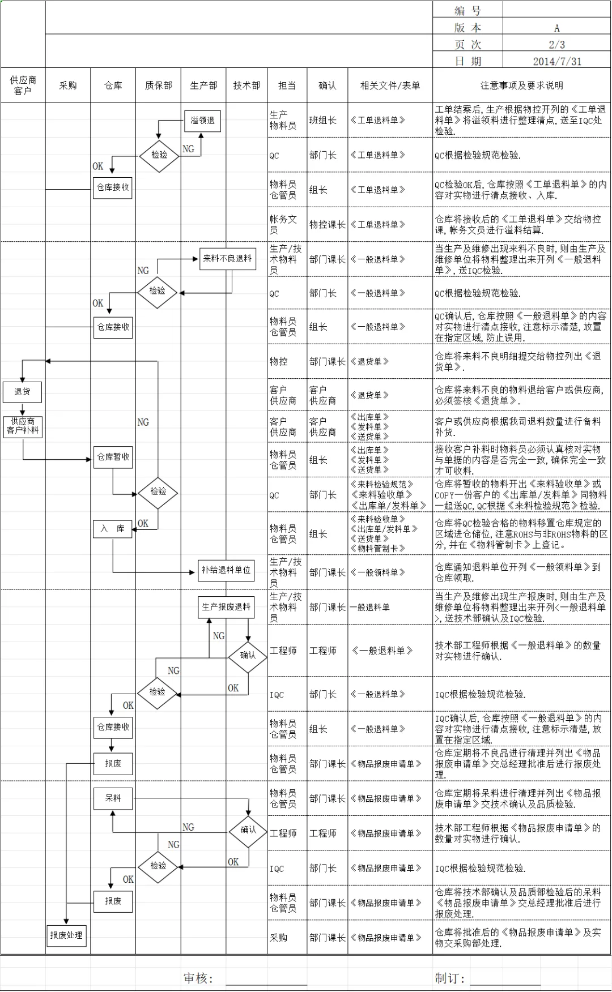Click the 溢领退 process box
[x=202, y=121]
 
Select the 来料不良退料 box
[x=227, y=259]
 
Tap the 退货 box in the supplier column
[x=22, y=392]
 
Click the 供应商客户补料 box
[x=23, y=426]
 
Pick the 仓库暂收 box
[x=113, y=457]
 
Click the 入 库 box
[x=112, y=529]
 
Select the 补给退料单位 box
[x=226, y=570]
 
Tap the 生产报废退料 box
[x=226, y=607]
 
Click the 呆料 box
[x=113, y=798]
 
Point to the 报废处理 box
[x=66, y=935]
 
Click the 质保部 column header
[x=158, y=85]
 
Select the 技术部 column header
[x=246, y=85]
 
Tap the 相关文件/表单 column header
[x=390, y=85]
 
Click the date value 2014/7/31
[x=556, y=61]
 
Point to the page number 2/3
[x=556, y=44]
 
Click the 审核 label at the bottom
[x=198, y=978]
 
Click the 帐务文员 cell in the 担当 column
[x=283, y=224]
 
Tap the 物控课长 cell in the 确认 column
[x=327, y=224]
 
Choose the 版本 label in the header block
[x=467, y=28]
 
